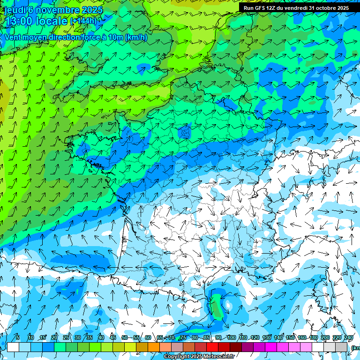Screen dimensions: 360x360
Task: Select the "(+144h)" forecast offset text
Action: tap(83, 21)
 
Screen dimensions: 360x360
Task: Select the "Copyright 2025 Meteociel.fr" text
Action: tap(199, 357)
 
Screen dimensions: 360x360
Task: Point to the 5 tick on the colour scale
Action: tap(18, 337)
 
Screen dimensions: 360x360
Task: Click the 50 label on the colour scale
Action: tap(124, 337)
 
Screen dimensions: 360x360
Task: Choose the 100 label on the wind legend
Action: tap(231, 337)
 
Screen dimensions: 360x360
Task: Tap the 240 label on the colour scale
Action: tap(348, 337)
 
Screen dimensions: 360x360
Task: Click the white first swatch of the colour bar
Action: tap(13, 347)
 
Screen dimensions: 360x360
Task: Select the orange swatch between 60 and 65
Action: tap(154, 347)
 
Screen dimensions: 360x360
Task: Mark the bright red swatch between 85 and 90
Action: tap(212, 347)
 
